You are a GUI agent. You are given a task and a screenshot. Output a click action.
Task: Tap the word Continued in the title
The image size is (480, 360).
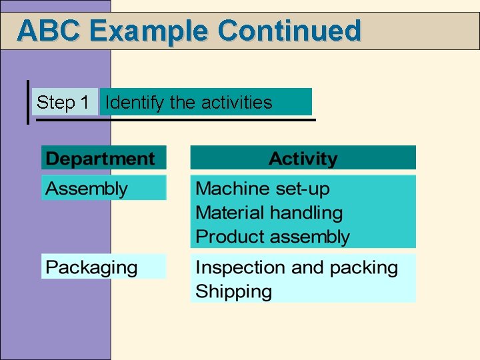pos(289,31)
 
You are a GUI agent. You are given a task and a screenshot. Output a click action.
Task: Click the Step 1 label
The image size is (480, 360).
pos(63,103)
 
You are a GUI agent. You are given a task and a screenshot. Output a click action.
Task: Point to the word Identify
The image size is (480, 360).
pos(135,103)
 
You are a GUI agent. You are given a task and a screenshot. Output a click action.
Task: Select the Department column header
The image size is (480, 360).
pos(100,159)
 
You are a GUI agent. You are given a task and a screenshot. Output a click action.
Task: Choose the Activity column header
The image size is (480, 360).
pos(303,159)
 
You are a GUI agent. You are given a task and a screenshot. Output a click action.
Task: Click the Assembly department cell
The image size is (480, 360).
pos(87,189)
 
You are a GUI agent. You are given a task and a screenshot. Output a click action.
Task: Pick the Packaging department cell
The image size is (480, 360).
pos(91,268)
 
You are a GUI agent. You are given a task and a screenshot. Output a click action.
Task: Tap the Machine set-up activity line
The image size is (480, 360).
pos(262,189)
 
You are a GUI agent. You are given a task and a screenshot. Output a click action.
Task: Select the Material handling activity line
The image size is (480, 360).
pos(269,213)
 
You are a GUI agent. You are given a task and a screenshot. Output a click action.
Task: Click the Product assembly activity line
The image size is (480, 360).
pos(272,237)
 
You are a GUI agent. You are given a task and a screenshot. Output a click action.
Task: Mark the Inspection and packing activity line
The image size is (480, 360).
pos(296,268)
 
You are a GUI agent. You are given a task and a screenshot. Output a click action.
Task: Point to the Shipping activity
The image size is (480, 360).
pos(233,292)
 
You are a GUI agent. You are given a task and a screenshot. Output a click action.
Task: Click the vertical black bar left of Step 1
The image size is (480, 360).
pos(27,103)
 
